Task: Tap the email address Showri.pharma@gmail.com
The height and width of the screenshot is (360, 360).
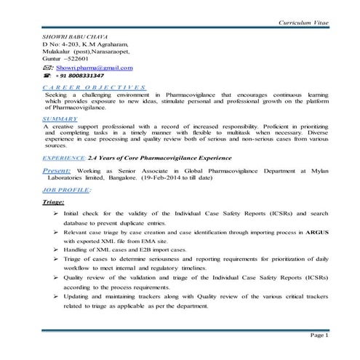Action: pyautogui.click(x=95, y=68)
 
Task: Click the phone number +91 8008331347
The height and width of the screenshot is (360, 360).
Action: pyautogui.click(x=81, y=76)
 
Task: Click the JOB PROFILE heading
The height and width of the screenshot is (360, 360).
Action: pyautogui.click(x=66, y=189)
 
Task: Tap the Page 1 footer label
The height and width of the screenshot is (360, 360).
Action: pyautogui.click(x=319, y=336)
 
